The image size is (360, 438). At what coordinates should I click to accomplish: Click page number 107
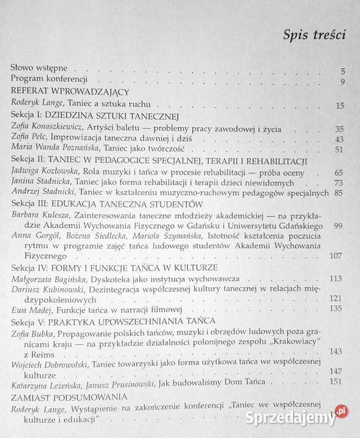(337, 255)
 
